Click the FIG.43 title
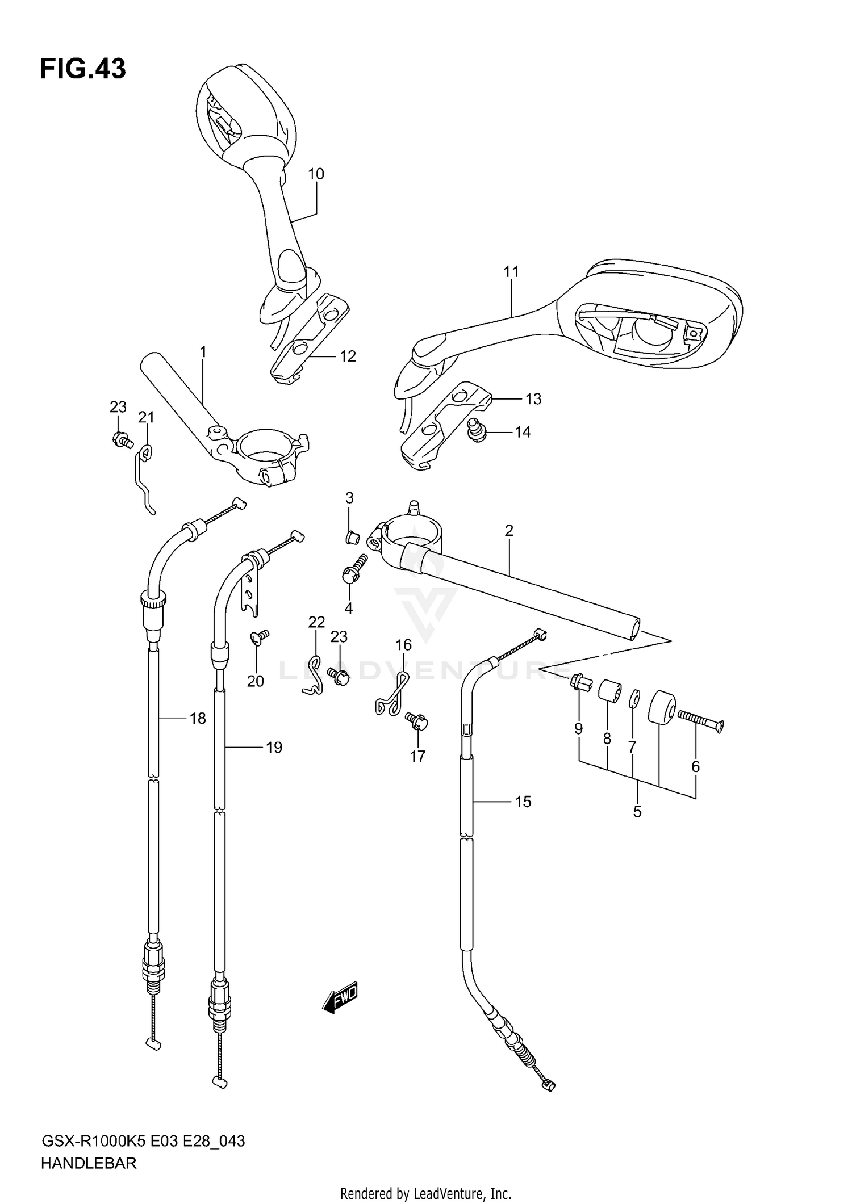pyautogui.click(x=83, y=69)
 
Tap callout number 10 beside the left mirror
pyautogui.click(x=316, y=174)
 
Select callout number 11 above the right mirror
pyautogui.click(x=511, y=272)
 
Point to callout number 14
pyautogui.click(x=522, y=432)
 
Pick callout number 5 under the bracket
pyautogui.click(x=637, y=812)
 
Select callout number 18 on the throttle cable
pyautogui.click(x=197, y=719)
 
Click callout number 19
pyautogui.click(x=274, y=748)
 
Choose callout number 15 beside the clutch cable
pyautogui.click(x=523, y=802)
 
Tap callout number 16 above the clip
pyautogui.click(x=403, y=645)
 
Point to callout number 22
pyautogui.click(x=316, y=622)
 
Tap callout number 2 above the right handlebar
pyautogui.click(x=508, y=531)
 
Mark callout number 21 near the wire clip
pyautogui.click(x=146, y=417)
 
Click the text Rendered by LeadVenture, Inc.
pyautogui.click(x=425, y=1193)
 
